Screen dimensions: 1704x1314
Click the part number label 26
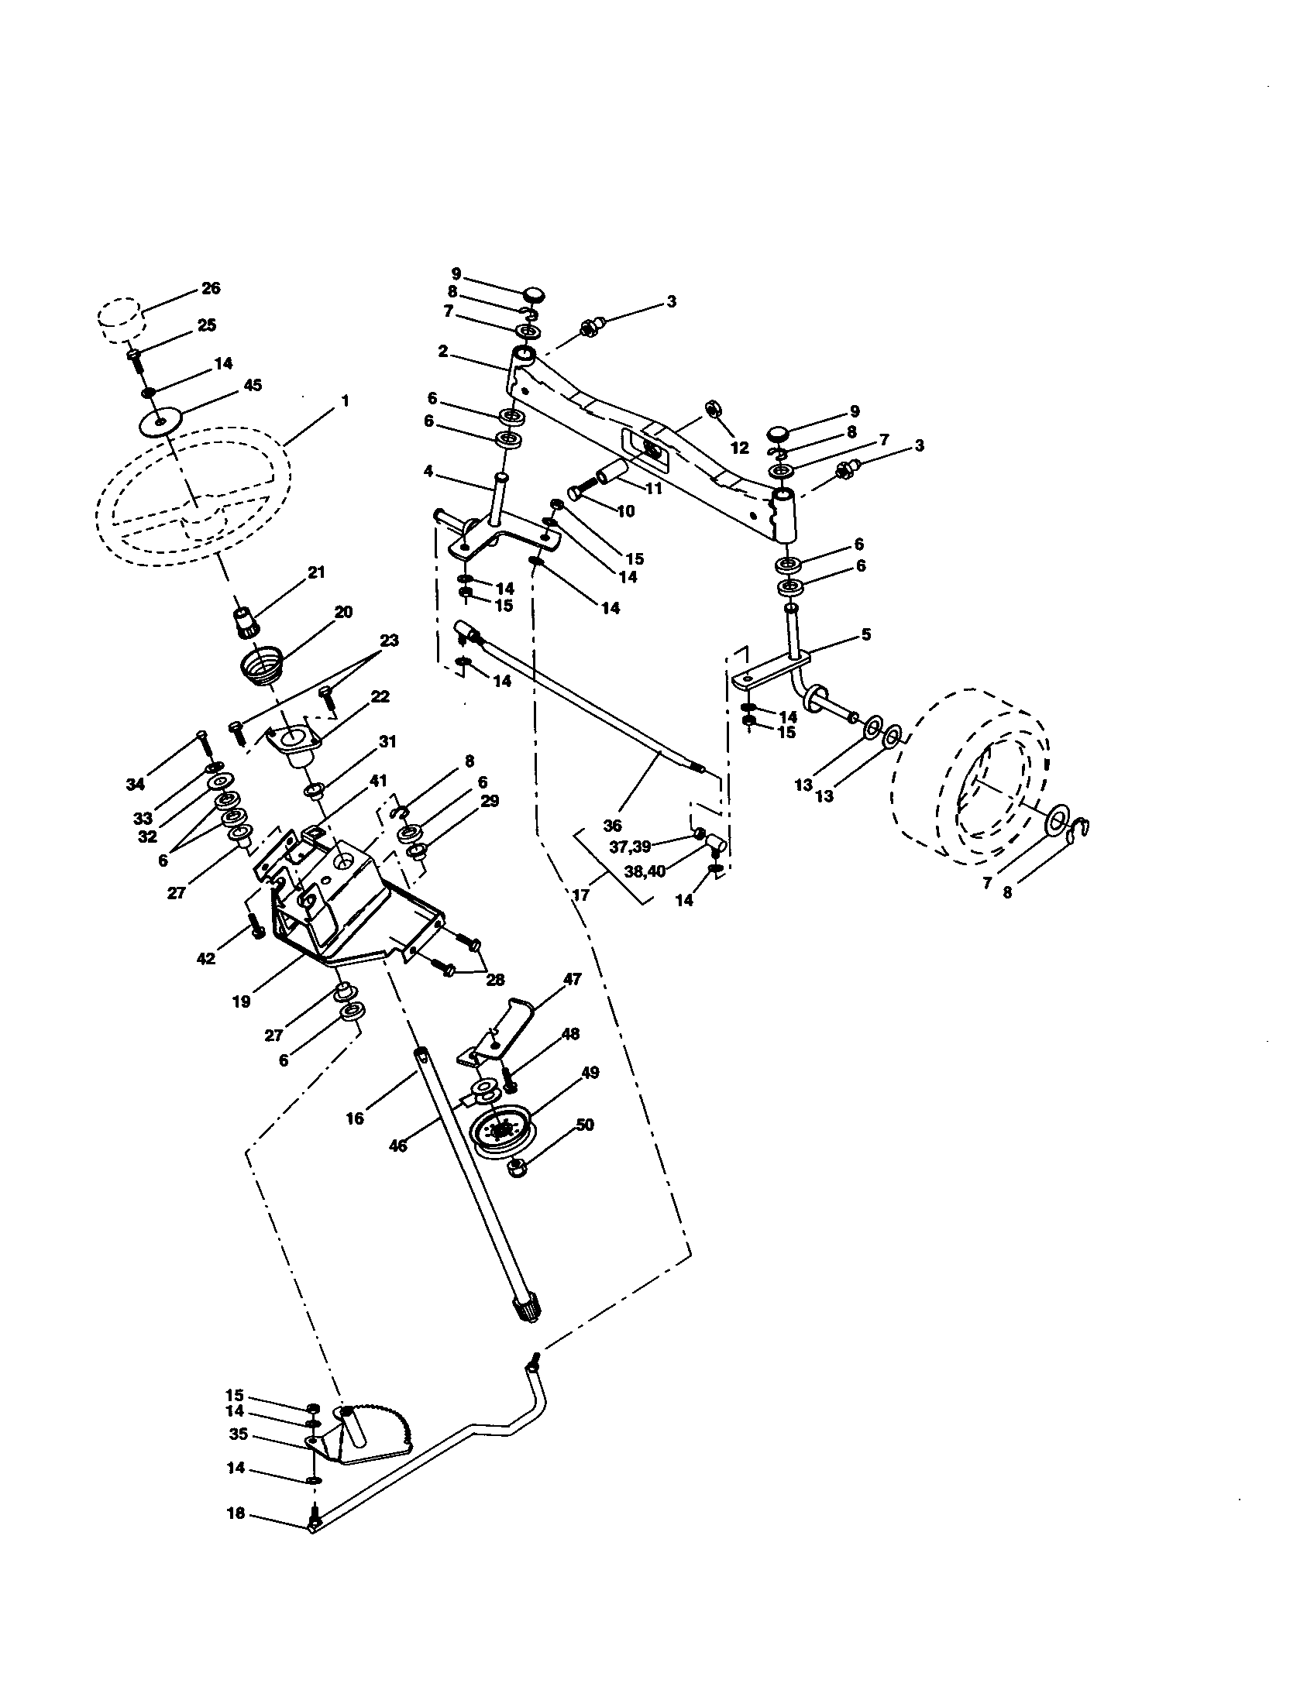click(211, 288)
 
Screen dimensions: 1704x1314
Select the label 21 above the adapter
click(316, 572)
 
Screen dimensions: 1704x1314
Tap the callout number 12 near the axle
click(739, 448)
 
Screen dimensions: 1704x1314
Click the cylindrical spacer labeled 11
click(614, 474)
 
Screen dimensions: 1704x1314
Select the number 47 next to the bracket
click(572, 979)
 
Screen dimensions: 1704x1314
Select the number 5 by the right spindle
click(866, 634)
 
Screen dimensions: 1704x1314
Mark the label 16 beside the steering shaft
click(355, 1118)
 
